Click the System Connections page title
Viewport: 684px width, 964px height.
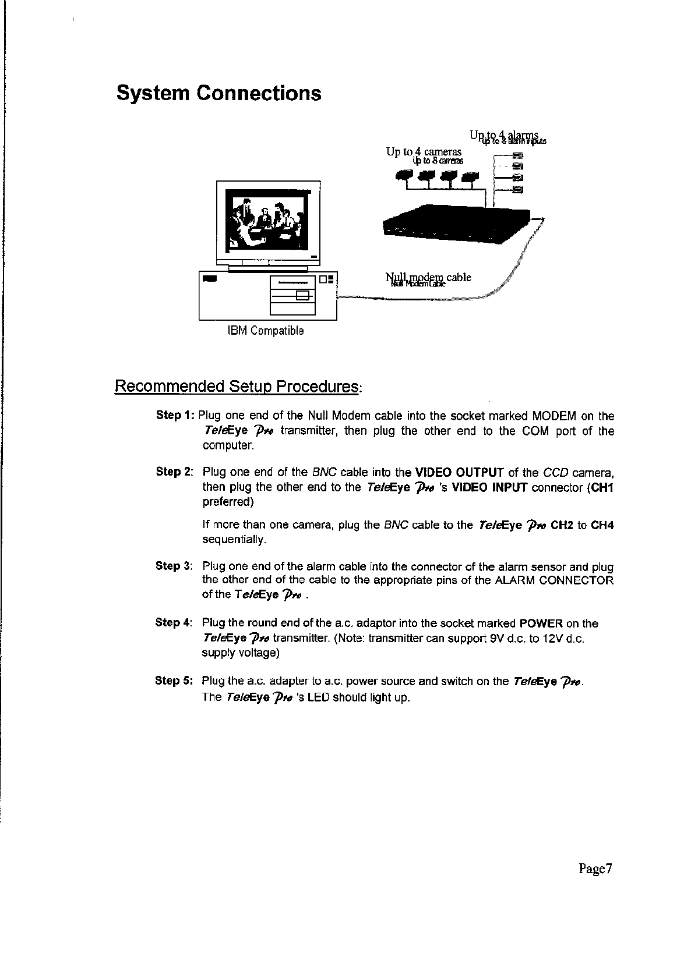coord(218,93)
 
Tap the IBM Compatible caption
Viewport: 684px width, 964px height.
coord(265,331)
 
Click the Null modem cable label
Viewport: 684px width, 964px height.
coord(428,278)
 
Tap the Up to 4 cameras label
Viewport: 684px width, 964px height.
coord(424,152)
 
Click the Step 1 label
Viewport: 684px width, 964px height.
coord(175,416)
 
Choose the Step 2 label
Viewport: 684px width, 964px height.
coord(174,472)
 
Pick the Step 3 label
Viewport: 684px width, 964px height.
coord(174,566)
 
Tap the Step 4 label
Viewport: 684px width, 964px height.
coord(174,623)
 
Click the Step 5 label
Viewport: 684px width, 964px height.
coord(174,680)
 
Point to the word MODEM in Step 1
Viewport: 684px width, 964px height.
coord(555,416)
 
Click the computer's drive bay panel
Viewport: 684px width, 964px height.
coord(292,295)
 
